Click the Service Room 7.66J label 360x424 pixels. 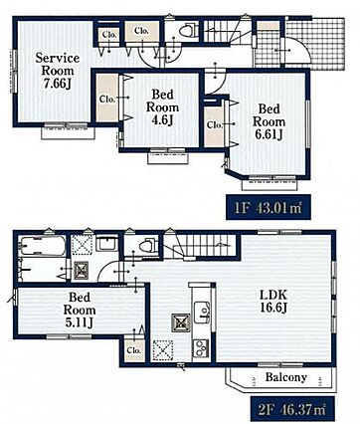pyautogui.click(x=58, y=71)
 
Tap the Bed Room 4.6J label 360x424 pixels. pyautogui.click(x=162, y=107)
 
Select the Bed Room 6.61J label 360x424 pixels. pyautogui.click(x=269, y=121)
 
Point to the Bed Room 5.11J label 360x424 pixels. pyautogui.click(x=80, y=310)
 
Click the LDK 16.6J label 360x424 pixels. pyautogui.click(x=273, y=302)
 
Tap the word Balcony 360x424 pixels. pyautogui.click(x=286, y=377)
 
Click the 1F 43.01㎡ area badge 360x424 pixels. pyautogui.click(x=269, y=207)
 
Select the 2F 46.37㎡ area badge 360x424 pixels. pyautogui.click(x=292, y=410)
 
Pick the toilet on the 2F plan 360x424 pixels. pyautogui.click(x=148, y=246)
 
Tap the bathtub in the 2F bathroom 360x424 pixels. pyautogui.click(x=42, y=246)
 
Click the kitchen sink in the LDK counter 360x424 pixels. pyautogui.click(x=202, y=312)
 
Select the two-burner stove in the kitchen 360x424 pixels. pyautogui.click(x=201, y=348)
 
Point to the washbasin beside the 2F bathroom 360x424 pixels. pyautogui.click(x=107, y=244)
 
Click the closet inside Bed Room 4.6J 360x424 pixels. pyautogui.click(x=107, y=99)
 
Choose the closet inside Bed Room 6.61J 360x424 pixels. pyautogui.click(x=214, y=126)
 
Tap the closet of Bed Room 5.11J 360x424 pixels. pyautogui.click(x=134, y=350)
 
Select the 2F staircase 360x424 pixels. pyautogui.click(x=202, y=246)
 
